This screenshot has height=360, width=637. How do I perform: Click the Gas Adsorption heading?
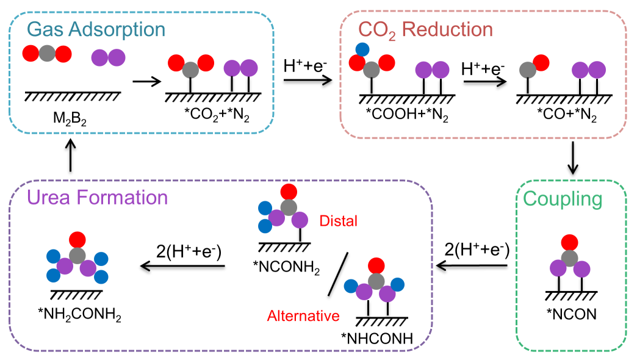coord(96,29)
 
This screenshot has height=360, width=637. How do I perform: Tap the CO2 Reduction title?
coord(425,29)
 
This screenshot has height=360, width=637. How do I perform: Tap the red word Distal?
coord(339,220)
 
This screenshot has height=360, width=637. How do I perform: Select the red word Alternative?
coord(303,315)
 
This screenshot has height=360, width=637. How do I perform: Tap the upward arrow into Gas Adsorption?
coord(71,156)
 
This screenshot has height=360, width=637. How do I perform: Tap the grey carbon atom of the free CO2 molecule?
coord(47,54)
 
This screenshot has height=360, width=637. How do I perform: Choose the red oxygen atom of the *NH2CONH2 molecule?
coord(77,238)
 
